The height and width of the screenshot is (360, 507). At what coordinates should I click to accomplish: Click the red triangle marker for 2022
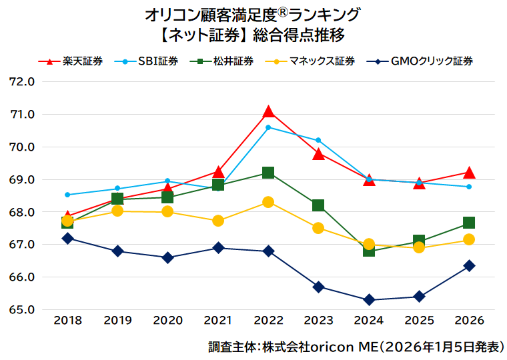268,111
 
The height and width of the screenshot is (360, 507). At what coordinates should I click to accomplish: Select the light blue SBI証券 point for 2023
318,140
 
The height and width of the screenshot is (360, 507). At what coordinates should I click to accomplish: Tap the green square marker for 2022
268,173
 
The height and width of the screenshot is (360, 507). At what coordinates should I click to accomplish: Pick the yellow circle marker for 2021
218,221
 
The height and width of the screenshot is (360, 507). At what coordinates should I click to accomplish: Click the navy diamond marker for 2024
369,300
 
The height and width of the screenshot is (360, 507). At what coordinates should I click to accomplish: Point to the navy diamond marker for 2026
469,265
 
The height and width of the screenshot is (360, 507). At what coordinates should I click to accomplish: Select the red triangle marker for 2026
469,173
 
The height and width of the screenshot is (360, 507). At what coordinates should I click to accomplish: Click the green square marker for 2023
318,205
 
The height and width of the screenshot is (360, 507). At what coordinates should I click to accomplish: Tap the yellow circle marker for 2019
117,211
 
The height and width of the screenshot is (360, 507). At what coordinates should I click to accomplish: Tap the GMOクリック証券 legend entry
421,61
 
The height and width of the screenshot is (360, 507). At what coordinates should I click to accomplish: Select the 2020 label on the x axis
167,321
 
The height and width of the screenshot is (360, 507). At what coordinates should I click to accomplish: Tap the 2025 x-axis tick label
419,321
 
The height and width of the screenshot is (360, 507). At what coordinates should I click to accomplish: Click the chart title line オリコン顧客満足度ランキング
253,14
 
